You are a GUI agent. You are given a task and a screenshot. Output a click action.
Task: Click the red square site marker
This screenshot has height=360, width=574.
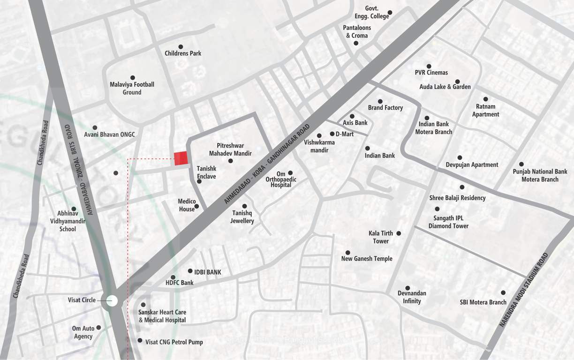tap(181, 158)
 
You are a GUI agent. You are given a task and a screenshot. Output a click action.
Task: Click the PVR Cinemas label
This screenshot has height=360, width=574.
tap(431, 73)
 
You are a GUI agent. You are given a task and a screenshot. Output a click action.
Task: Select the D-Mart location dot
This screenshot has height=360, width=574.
tap(332, 134)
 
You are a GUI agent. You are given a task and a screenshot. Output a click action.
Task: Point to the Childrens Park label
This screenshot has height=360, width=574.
tap(183, 53)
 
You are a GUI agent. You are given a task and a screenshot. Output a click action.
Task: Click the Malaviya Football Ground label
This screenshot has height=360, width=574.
tap(132, 89)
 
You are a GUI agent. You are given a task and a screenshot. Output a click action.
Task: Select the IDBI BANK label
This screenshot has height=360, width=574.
tap(207, 272)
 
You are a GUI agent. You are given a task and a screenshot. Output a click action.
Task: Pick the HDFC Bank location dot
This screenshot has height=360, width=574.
tap(173, 277)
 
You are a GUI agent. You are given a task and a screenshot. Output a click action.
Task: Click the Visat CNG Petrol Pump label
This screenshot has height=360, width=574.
tap(174, 342)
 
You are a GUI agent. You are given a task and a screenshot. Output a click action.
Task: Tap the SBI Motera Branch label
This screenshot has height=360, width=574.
tap(483, 302)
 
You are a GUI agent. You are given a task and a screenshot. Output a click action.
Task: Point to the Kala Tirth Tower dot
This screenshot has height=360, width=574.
tap(399, 233)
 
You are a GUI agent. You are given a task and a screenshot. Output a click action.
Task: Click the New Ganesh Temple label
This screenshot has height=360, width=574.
tap(367, 259)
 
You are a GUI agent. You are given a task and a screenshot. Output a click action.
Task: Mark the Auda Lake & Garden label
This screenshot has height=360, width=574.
tap(445, 87)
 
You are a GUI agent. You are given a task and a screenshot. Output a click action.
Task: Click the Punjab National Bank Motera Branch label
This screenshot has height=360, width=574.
tap(540, 175)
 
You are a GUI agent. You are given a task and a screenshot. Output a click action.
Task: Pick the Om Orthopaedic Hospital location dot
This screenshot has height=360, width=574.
tap(290, 173)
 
